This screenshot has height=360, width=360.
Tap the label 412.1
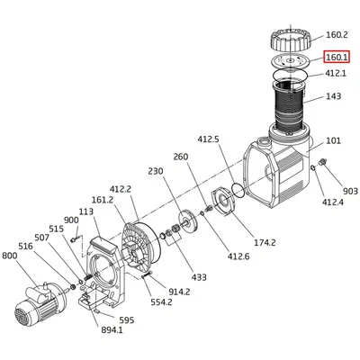tap(335, 73)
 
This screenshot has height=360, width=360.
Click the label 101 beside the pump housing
tap(333, 140)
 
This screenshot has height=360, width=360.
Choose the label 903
tap(350, 191)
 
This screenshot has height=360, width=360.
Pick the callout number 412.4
tap(334, 202)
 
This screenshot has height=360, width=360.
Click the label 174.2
tap(264, 243)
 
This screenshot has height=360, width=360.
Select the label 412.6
tap(238, 256)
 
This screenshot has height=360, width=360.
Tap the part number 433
tap(198, 277)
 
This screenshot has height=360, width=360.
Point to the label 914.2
tap(179, 292)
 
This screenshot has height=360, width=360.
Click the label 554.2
tap(162, 302)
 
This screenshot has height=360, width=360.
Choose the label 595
tap(126, 320)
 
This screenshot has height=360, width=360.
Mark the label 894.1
tap(112, 331)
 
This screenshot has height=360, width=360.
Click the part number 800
tap(10, 256)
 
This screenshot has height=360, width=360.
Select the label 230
tap(154, 171)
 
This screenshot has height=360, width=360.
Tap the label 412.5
tap(209, 139)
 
